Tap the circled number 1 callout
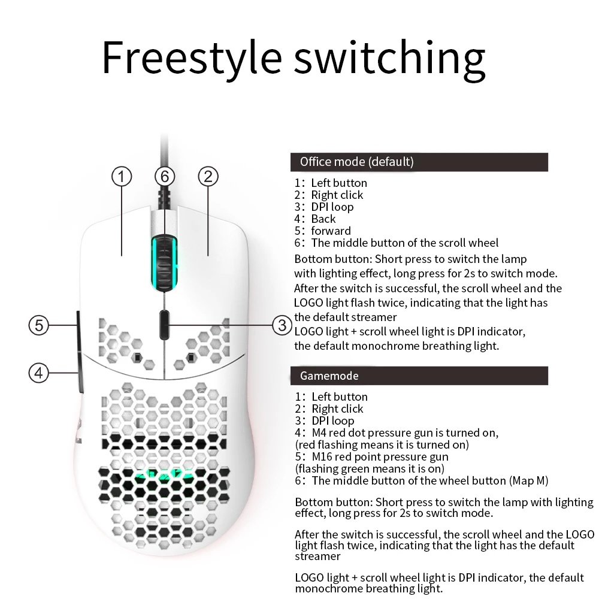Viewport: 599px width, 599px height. pyautogui.click(x=122, y=176)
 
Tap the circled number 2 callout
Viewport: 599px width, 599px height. pyautogui.click(x=208, y=176)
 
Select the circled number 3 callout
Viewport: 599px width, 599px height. pyautogui.click(x=282, y=325)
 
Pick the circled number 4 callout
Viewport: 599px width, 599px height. pyautogui.click(x=39, y=373)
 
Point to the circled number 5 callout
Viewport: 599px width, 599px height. pyautogui.click(x=39, y=325)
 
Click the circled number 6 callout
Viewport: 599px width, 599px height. pyautogui.click(x=165, y=176)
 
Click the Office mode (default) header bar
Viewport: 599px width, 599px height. pyautogui.click(x=419, y=162)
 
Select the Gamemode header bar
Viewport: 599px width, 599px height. pyautogui.click(x=419, y=376)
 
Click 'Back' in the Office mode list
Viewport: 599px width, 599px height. pyautogui.click(x=323, y=219)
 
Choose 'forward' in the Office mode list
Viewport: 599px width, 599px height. pyautogui.click(x=331, y=231)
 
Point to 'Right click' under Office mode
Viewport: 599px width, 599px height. pyautogui.click(x=337, y=195)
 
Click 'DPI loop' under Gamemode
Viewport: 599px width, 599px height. pyautogui.click(x=333, y=420)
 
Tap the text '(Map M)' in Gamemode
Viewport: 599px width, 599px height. pyautogui.click(x=528, y=480)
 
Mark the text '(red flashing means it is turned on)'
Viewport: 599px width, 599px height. pyautogui.click(x=382, y=444)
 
